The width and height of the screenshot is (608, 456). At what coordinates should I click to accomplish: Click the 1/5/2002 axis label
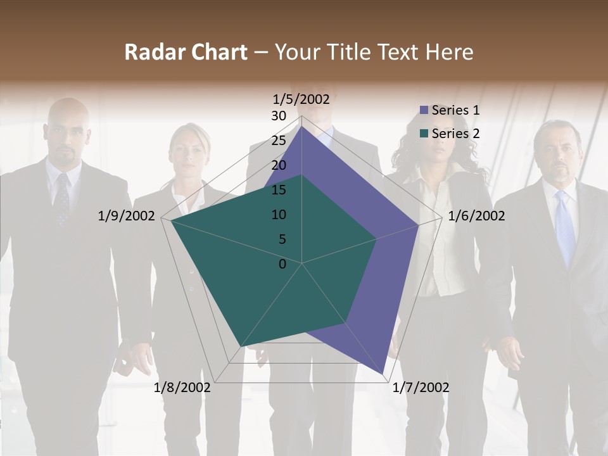click(301, 99)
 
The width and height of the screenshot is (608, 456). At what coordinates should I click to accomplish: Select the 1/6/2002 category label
click(476, 216)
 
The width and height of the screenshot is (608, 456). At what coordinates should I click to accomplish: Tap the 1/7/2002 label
click(421, 387)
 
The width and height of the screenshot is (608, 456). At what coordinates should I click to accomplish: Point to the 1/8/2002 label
click(182, 387)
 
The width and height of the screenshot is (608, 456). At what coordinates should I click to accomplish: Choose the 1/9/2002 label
click(127, 216)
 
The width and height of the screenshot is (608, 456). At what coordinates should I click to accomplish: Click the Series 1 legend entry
click(449, 110)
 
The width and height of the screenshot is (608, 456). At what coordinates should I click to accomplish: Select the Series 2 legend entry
click(449, 134)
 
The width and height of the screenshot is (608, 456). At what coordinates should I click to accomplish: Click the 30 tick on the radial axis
click(279, 116)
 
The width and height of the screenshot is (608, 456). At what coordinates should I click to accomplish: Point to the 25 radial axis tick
click(279, 141)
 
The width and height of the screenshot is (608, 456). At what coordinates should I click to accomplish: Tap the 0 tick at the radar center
click(282, 263)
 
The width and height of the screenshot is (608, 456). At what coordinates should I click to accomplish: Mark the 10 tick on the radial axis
click(279, 215)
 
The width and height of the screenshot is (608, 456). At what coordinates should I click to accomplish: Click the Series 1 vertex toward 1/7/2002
click(383, 374)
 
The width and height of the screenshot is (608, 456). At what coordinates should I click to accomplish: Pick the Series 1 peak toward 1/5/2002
click(301, 127)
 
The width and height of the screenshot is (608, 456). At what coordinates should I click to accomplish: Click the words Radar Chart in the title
click(186, 52)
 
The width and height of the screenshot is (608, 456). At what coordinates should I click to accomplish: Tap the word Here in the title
click(449, 52)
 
